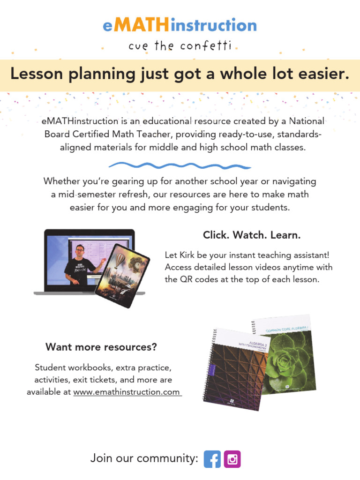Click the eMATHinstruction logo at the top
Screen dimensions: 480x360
coord(180,25)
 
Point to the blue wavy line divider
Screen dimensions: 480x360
coord(180,165)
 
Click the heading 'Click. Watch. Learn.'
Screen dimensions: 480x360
coord(251,235)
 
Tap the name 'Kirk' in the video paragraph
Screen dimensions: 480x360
coord(186,255)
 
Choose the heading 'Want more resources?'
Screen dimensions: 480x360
coord(101,347)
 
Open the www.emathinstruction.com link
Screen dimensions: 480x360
coord(127,392)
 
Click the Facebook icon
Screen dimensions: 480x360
coord(212,459)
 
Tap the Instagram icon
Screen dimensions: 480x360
coord(232,459)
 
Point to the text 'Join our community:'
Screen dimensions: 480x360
coord(144,459)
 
